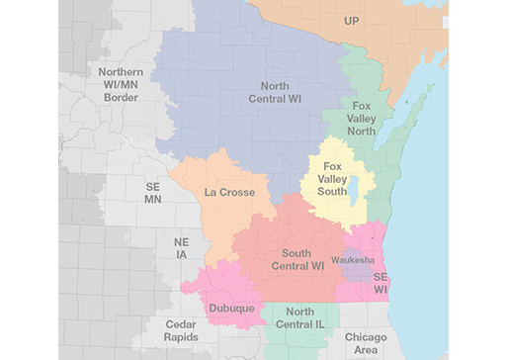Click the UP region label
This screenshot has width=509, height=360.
352,20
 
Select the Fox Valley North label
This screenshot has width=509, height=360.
362,117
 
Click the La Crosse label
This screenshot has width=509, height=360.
229,192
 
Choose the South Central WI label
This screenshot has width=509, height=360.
297,260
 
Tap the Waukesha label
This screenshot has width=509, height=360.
353,259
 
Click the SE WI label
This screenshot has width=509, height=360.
381,282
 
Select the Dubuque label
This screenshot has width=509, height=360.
231,309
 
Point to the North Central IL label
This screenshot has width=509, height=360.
300,318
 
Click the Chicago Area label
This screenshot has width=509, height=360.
366,343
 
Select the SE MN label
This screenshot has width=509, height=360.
153,193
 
